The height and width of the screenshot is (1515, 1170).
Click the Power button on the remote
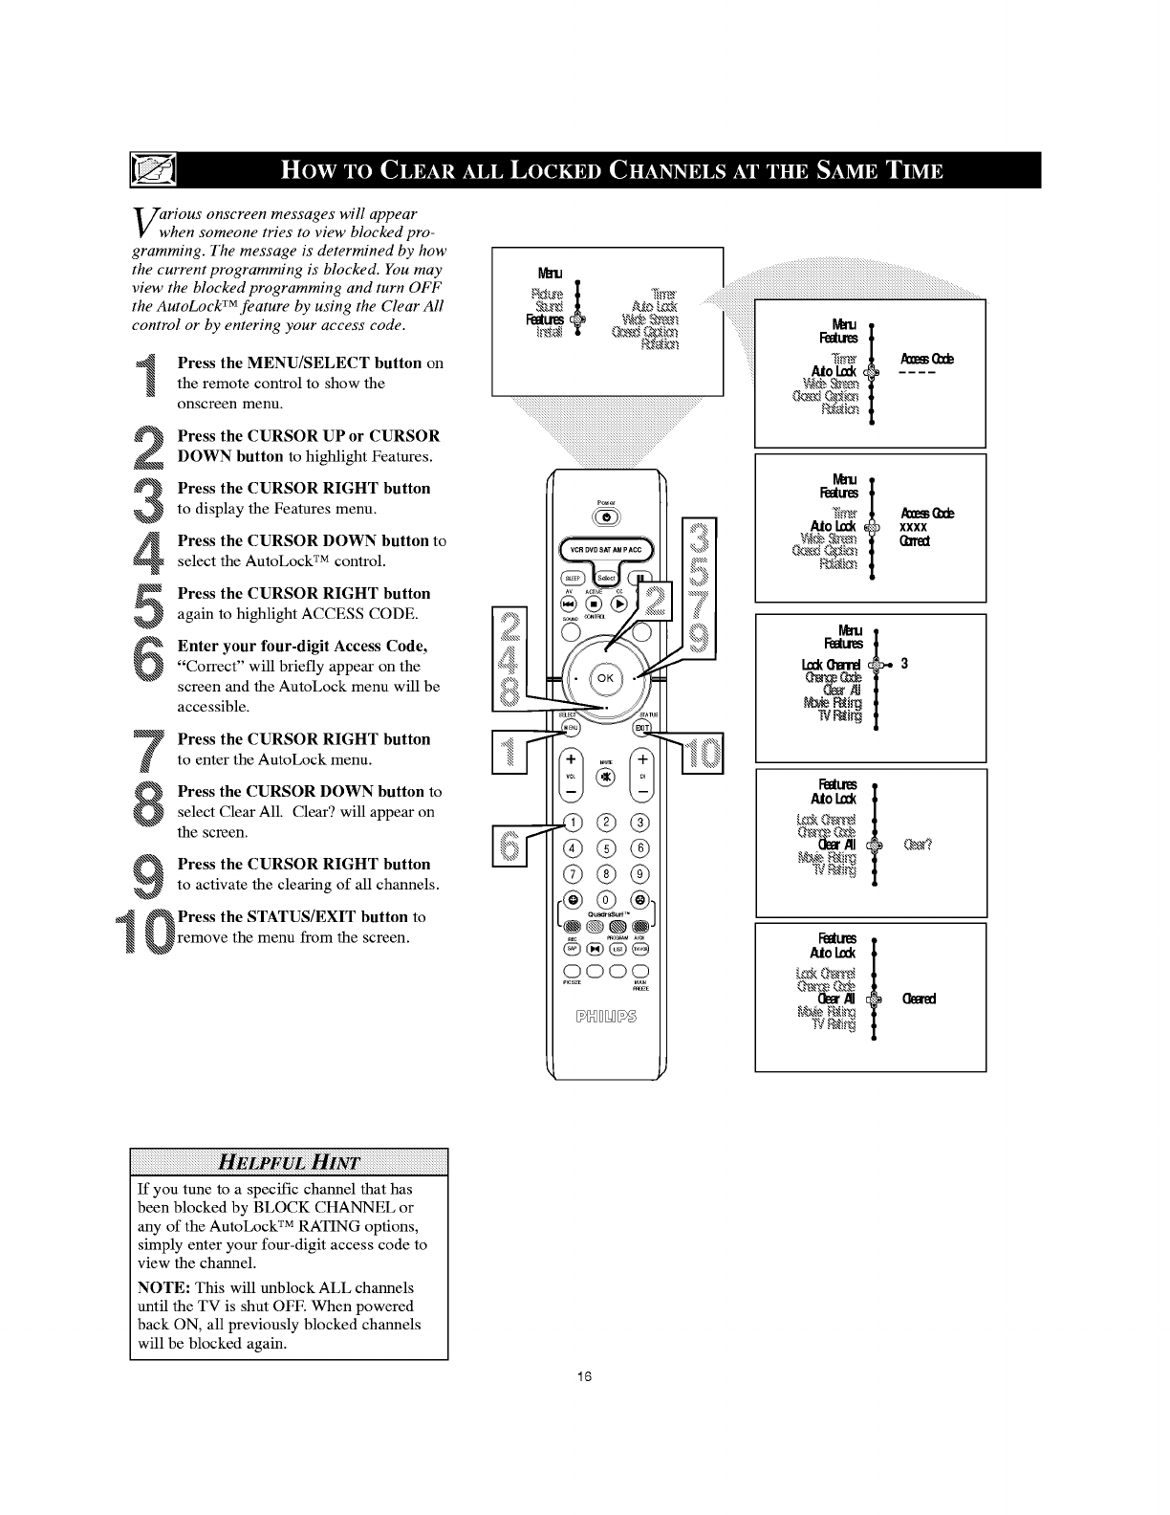(x=607, y=517)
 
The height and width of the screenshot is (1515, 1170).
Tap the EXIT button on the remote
(x=642, y=729)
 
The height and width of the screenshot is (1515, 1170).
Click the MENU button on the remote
(x=570, y=729)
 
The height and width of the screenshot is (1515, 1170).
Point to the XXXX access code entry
(x=915, y=527)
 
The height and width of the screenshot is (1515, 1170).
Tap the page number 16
(x=585, y=1377)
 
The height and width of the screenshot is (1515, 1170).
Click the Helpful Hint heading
(x=289, y=1163)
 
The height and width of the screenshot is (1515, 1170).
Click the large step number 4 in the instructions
(x=148, y=552)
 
